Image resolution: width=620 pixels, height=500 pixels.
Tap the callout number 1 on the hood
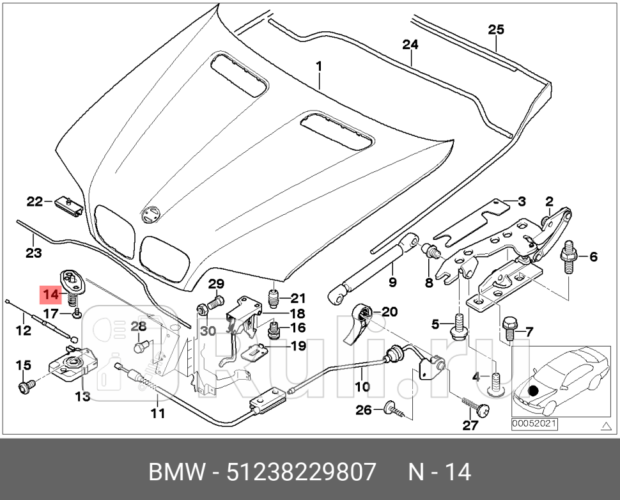click(318, 66)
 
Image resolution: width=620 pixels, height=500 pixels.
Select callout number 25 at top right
click(496, 29)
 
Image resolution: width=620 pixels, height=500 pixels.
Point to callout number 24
click(410, 45)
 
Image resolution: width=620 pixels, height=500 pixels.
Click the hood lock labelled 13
click(70, 363)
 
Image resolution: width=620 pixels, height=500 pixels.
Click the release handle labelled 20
click(362, 322)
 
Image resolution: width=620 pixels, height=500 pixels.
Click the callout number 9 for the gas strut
click(393, 282)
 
